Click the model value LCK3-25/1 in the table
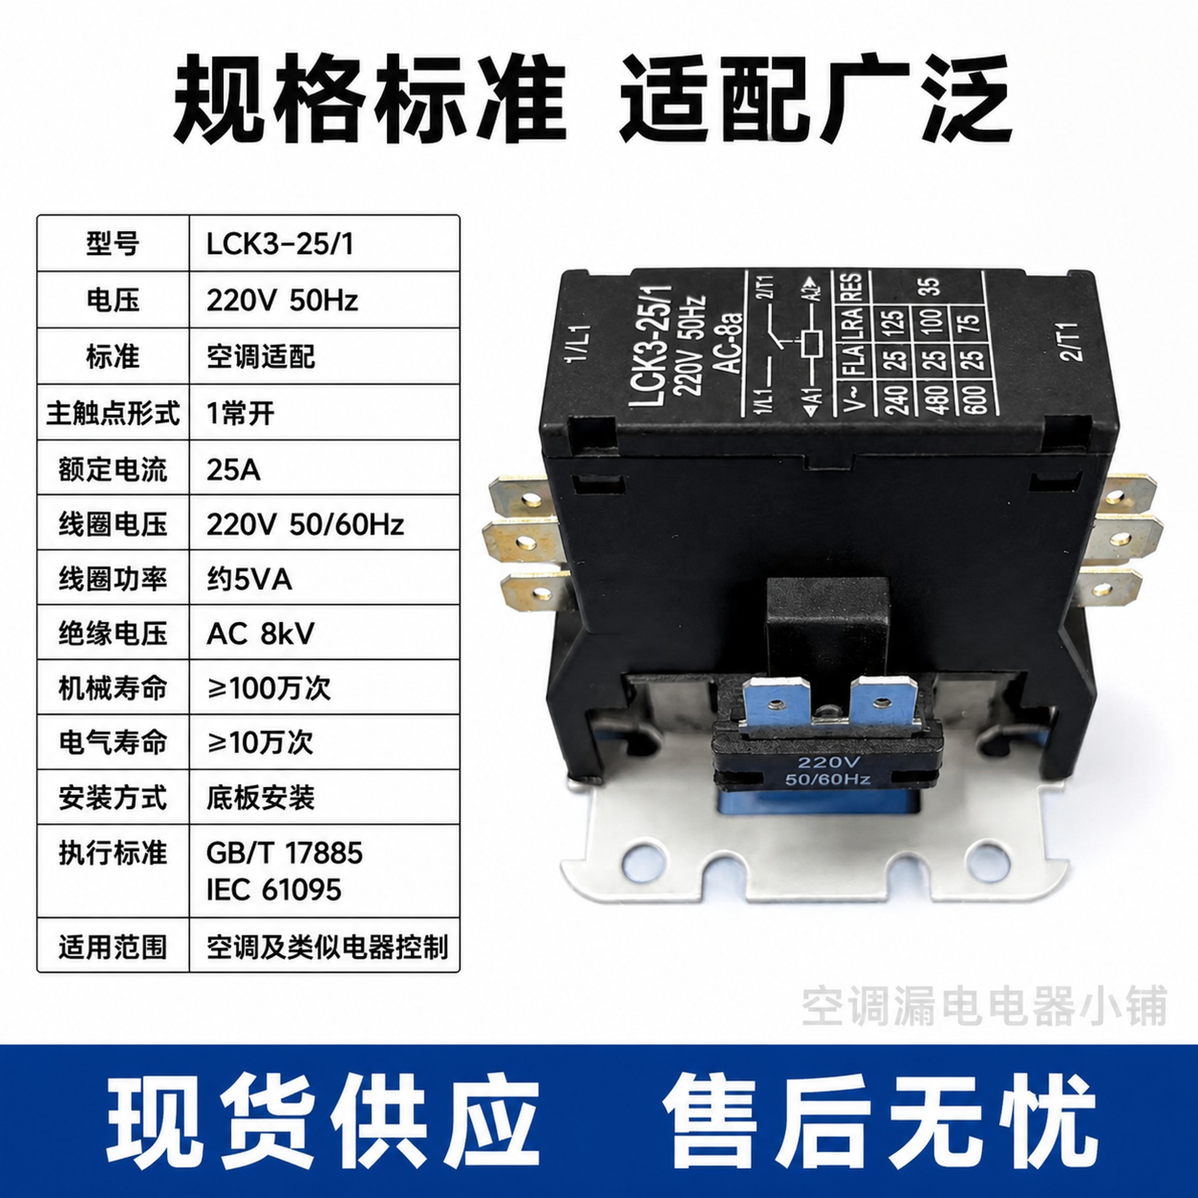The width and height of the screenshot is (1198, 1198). point(280,245)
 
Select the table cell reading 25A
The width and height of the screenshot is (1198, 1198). point(233,470)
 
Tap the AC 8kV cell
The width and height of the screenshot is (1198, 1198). point(260,634)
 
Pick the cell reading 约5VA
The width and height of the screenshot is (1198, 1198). point(249,580)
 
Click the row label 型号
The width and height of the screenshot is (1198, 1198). point(112,245)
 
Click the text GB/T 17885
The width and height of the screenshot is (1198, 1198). point(284,853)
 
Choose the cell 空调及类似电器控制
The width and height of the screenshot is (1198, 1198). point(328,947)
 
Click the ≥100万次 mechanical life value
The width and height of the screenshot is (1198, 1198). point(268,688)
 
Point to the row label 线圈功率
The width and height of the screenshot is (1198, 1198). point(112,580)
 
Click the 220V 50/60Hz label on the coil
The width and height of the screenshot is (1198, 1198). point(827,770)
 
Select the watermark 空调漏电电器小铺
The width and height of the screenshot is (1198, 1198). point(984,1006)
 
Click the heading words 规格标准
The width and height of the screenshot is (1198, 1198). point(370,99)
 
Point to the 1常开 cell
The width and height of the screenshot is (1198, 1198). point(240,414)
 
